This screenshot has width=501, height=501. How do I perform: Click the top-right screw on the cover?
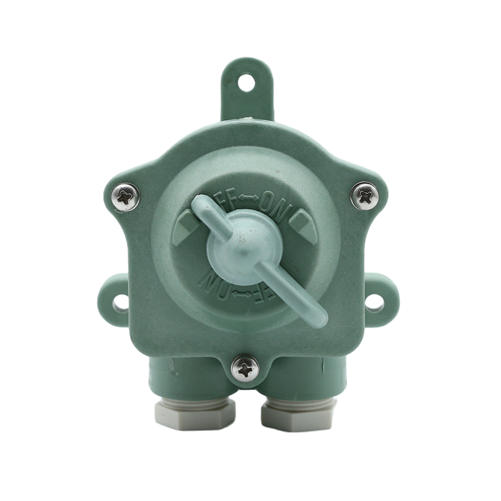pyautogui.click(x=364, y=196)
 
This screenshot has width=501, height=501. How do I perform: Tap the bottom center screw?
pyautogui.click(x=244, y=369)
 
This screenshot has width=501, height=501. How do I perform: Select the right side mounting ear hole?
pyautogui.click(x=374, y=303)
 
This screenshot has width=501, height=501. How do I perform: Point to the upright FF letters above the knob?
pyautogui.click(x=225, y=199)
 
